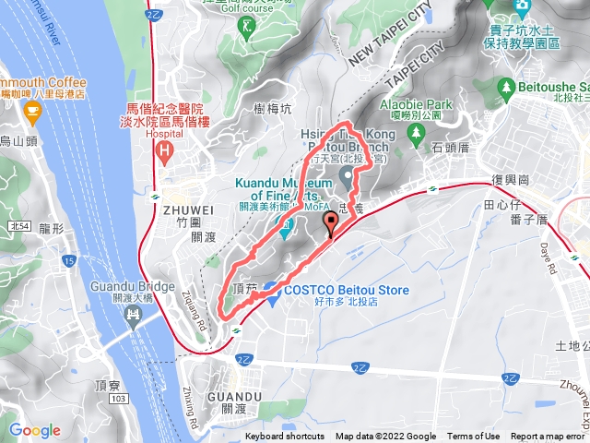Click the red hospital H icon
point(164,147)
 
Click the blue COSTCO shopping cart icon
point(271,290)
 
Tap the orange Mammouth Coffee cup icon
point(34,113)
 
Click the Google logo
point(34,430)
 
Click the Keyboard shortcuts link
point(285,437)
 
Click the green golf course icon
point(247,27)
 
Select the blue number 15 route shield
point(70,263)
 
